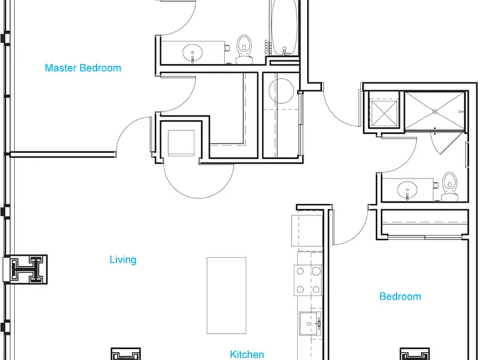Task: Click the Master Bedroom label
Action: [x=82, y=67]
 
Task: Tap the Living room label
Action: [x=123, y=259]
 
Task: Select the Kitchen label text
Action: [x=247, y=354]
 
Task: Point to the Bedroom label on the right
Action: [x=400, y=296]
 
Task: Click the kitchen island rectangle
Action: [x=226, y=296]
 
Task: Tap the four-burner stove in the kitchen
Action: [x=308, y=280]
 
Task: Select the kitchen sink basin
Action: [x=310, y=324]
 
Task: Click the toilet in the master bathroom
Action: [x=244, y=49]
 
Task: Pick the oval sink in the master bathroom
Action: [x=192, y=52]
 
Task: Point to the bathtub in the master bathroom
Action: [x=284, y=27]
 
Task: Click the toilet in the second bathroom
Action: [x=450, y=186]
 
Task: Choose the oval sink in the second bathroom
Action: [x=407, y=190]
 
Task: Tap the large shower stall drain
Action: [x=434, y=112]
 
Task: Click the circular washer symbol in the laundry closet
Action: [x=281, y=91]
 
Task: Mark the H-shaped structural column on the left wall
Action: [x=26, y=269]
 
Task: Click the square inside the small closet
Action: [x=181, y=143]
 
